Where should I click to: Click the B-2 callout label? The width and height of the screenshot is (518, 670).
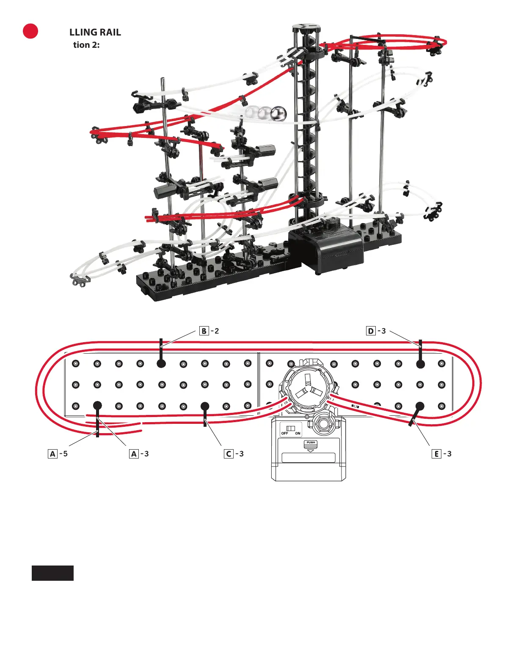pyautogui.click(x=209, y=331)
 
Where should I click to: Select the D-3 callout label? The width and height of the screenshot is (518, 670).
pyautogui.click(x=376, y=331)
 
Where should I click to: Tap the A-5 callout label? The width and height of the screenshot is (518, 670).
pyautogui.click(x=58, y=454)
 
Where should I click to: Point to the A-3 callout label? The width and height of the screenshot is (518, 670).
pyautogui.click(x=139, y=454)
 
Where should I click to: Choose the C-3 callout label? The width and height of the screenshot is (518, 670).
pyautogui.click(x=234, y=454)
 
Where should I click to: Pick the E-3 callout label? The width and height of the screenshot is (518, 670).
pyautogui.click(x=442, y=454)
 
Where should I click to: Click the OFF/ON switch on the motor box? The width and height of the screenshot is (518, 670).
pyautogui.click(x=291, y=428)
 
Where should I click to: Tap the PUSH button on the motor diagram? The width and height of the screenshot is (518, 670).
pyautogui.click(x=311, y=445)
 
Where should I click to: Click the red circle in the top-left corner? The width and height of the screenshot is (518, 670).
pyautogui.click(x=30, y=31)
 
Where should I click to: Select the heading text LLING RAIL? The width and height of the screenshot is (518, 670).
pyautogui.click(x=95, y=33)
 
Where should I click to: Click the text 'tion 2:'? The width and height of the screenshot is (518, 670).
pyautogui.click(x=86, y=45)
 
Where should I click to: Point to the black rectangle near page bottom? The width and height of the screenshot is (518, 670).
pyautogui.click(x=52, y=573)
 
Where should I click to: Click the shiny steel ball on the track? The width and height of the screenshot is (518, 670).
pyautogui.click(x=278, y=113)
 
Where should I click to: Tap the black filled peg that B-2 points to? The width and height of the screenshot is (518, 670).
pyautogui.click(x=161, y=363)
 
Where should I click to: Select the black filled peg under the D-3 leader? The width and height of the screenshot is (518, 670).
pyautogui.click(x=420, y=364)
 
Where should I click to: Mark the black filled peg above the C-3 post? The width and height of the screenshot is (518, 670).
pyautogui.click(x=205, y=406)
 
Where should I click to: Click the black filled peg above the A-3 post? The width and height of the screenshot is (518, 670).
pyautogui.click(x=97, y=406)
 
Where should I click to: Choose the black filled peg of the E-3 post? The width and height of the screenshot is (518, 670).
pyautogui.click(x=420, y=406)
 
